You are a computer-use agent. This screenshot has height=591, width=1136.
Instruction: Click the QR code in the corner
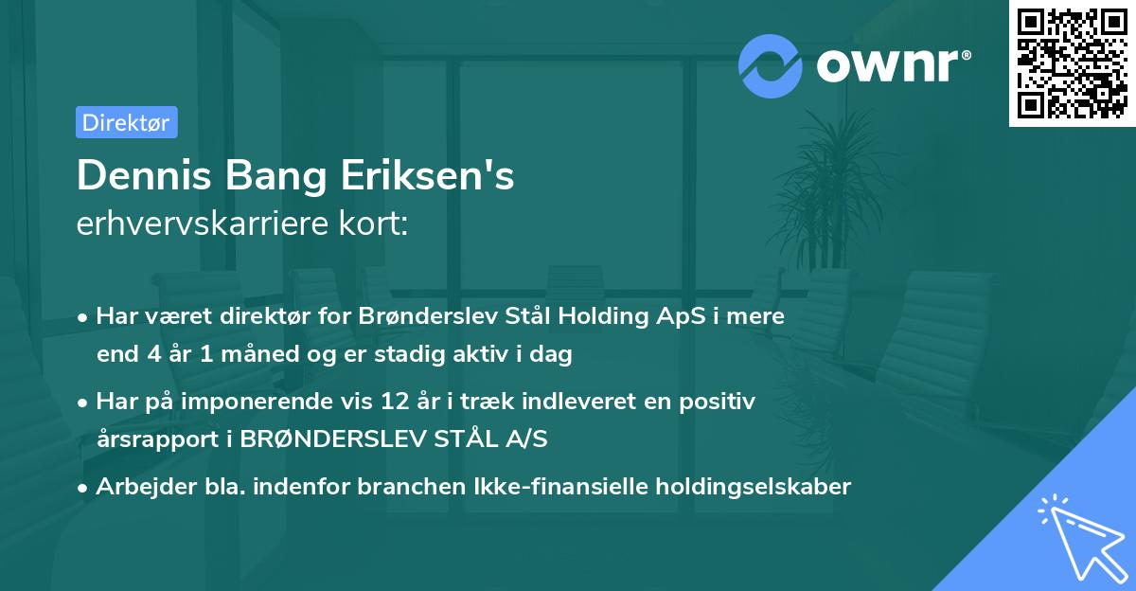click(1072, 63)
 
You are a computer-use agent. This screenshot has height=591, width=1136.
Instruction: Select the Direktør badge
click(126, 122)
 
